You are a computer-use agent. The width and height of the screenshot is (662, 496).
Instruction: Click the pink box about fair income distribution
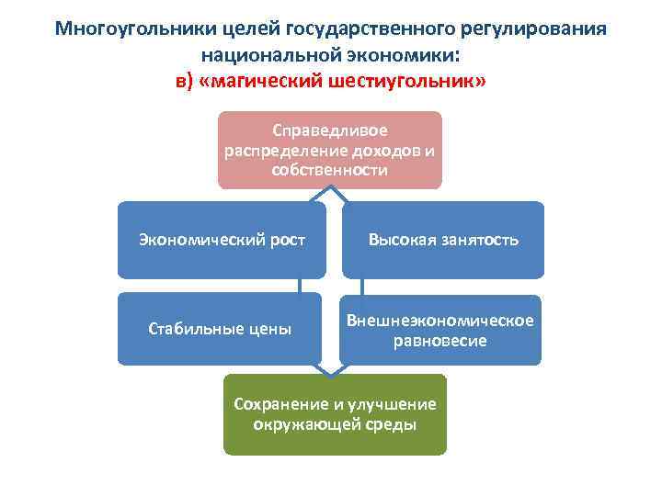(x=330, y=150)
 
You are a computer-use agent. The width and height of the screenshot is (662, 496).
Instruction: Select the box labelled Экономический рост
(x=222, y=240)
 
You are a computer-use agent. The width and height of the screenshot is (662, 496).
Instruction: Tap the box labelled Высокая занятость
(x=443, y=240)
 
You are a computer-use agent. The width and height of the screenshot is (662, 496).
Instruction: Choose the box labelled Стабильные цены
(x=220, y=328)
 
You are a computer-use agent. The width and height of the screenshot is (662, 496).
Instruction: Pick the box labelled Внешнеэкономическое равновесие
(x=441, y=329)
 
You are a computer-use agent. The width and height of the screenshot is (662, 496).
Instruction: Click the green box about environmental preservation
(x=335, y=414)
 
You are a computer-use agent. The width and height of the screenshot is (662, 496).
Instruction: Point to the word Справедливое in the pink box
(x=330, y=131)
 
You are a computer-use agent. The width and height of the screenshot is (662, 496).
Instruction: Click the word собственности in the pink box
(x=330, y=170)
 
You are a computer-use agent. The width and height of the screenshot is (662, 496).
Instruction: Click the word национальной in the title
(x=274, y=55)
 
